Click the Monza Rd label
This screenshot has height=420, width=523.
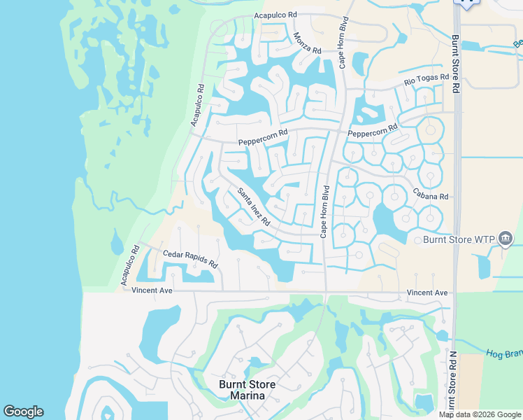tap(307, 44)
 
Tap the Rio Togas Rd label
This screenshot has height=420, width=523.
tap(424, 83)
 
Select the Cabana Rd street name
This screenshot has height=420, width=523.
tap(429, 196)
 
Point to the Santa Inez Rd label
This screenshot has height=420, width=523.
tap(253, 207)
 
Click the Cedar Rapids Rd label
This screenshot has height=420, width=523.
tap(190, 260)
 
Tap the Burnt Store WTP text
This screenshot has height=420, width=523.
tap(459, 240)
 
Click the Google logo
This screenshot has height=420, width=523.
tap(23, 412)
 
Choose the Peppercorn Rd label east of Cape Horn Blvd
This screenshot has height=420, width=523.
tap(372, 131)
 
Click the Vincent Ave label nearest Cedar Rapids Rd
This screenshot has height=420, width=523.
tap(152, 290)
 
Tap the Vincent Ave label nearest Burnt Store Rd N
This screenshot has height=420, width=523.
tap(427, 293)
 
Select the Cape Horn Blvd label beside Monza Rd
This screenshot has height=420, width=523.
tap(343, 41)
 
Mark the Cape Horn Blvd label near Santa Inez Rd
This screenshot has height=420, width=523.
tap(324, 211)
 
